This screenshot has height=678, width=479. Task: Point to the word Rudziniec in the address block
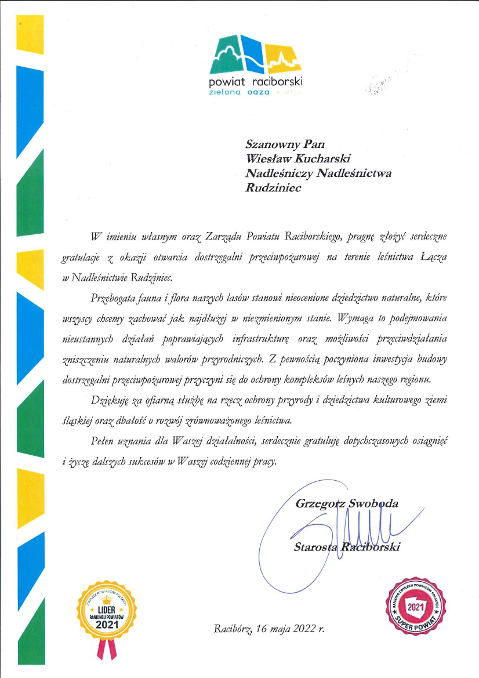point(274,188)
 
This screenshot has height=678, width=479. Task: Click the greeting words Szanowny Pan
point(285,143)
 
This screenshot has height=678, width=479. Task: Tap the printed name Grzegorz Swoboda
point(347,503)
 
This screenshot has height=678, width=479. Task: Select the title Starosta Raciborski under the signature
point(347,547)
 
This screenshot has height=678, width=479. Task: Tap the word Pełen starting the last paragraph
point(104,442)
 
